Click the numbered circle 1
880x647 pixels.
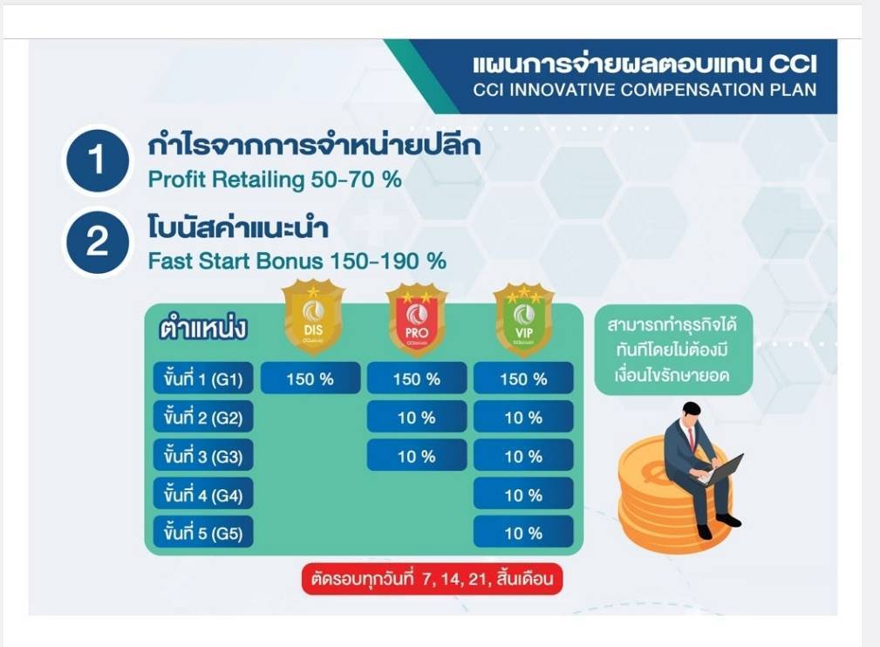tap(97, 160)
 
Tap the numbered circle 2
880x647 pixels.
tap(97, 242)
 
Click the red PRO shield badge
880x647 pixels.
tap(416, 320)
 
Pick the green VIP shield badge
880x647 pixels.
tap(523, 320)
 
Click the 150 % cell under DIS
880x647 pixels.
tap(310, 378)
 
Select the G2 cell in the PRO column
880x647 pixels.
tap(416, 417)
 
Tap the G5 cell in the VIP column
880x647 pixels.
tap(523, 532)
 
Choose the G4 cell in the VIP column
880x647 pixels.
tap(523, 494)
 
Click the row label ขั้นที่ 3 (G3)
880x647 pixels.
tap(203, 455)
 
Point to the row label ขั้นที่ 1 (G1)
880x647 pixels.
tap(203, 378)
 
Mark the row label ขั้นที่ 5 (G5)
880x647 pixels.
tap(203, 532)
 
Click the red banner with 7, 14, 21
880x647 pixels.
tap(432, 578)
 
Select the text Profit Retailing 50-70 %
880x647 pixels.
tap(275, 180)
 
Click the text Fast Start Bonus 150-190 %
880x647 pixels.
tap(297, 261)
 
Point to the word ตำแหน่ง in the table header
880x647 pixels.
tap(203, 328)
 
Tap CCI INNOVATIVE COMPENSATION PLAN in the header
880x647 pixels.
tap(645, 90)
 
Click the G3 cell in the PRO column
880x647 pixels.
tap(416, 455)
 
